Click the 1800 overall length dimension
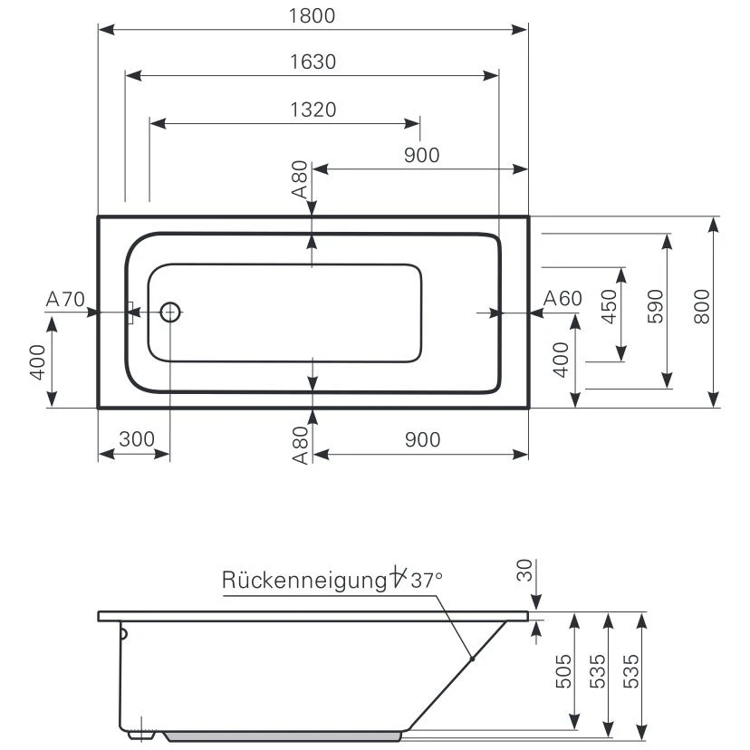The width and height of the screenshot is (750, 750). point(312,15)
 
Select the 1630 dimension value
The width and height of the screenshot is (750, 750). point(312,62)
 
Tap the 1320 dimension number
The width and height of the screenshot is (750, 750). point(312,110)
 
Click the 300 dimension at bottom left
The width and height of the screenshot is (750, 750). point(136,439)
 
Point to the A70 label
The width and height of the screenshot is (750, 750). point(64,298)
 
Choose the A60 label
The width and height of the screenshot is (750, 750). point(562,298)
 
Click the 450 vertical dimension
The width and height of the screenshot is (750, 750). point(609,305)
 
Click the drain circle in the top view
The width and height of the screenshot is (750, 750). point(170,312)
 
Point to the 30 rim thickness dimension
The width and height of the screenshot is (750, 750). point(524,572)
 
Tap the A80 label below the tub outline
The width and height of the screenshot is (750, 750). point(300,445)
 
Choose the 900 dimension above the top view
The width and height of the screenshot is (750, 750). point(421,155)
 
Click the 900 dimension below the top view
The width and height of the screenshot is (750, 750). point(421,439)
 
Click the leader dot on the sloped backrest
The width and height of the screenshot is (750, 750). point(472,658)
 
